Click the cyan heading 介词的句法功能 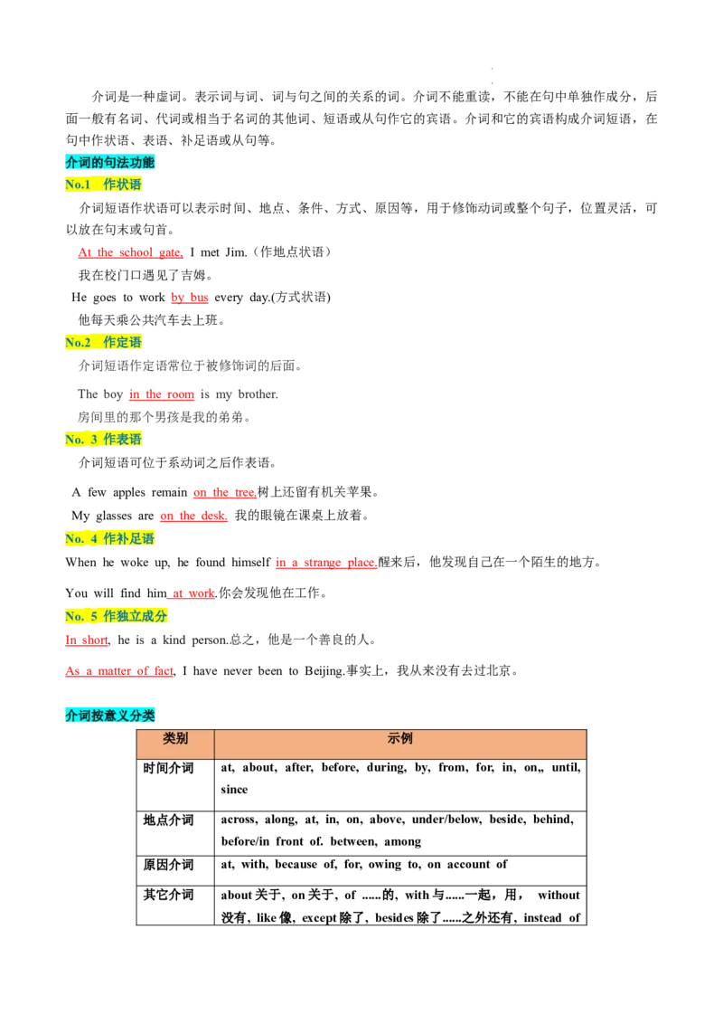(110, 163)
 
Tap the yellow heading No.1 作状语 (104, 185)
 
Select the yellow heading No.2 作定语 (104, 343)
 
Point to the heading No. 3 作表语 (104, 439)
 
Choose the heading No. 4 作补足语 (110, 539)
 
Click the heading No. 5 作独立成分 (117, 616)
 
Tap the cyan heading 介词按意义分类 (110, 715)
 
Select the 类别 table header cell (175, 739)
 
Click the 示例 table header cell (400, 739)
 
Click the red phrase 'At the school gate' (130, 253)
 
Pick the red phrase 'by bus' (189, 297)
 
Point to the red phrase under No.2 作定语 (162, 395)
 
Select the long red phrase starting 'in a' (325, 563)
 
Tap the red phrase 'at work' (192, 593)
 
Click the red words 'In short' (87, 641)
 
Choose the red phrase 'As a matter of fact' (118, 672)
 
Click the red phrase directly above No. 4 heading (193, 517)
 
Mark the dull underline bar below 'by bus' (202, 308)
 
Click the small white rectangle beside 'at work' (260, 583)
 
